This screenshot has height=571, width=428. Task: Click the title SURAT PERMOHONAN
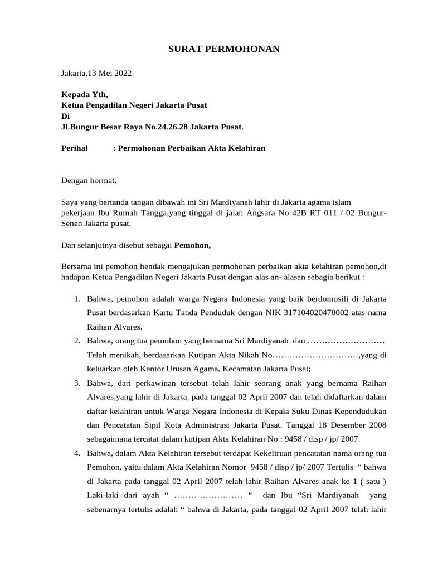(224, 50)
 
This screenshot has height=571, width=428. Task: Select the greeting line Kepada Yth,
(84, 95)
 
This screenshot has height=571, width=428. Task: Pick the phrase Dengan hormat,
(89, 180)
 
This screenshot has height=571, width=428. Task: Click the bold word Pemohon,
(193, 244)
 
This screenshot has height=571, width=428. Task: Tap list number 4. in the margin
(78, 452)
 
